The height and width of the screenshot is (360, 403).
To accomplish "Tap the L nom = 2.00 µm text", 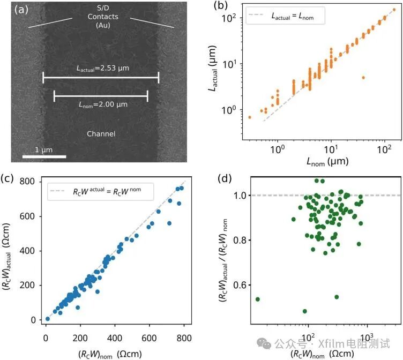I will (x=101, y=104).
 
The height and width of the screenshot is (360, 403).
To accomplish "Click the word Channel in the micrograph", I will (x=101, y=133).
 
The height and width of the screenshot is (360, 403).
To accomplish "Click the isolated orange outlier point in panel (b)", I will (x=363, y=77).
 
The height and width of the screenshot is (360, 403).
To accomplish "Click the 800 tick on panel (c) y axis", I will (x=30, y=182).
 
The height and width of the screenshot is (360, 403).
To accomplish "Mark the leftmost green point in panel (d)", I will (x=258, y=299).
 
